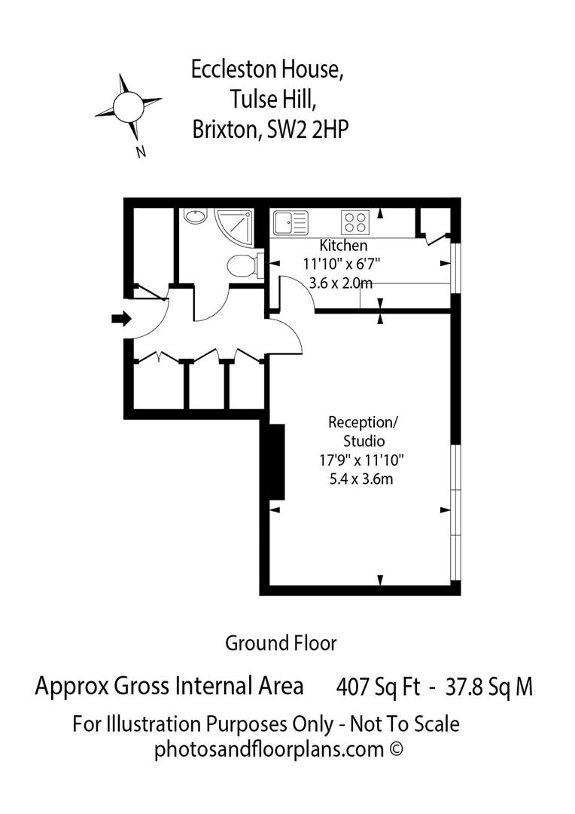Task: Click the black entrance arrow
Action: point(120,319)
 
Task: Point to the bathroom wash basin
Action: point(194,216)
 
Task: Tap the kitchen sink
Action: point(291,222)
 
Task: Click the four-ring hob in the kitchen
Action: point(355,222)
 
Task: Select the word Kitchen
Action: point(343,246)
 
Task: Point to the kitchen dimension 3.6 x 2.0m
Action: point(341,283)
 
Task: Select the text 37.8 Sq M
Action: point(489,687)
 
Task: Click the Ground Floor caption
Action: point(281,643)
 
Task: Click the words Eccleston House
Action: point(267,70)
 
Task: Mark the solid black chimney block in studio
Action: point(275,461)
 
